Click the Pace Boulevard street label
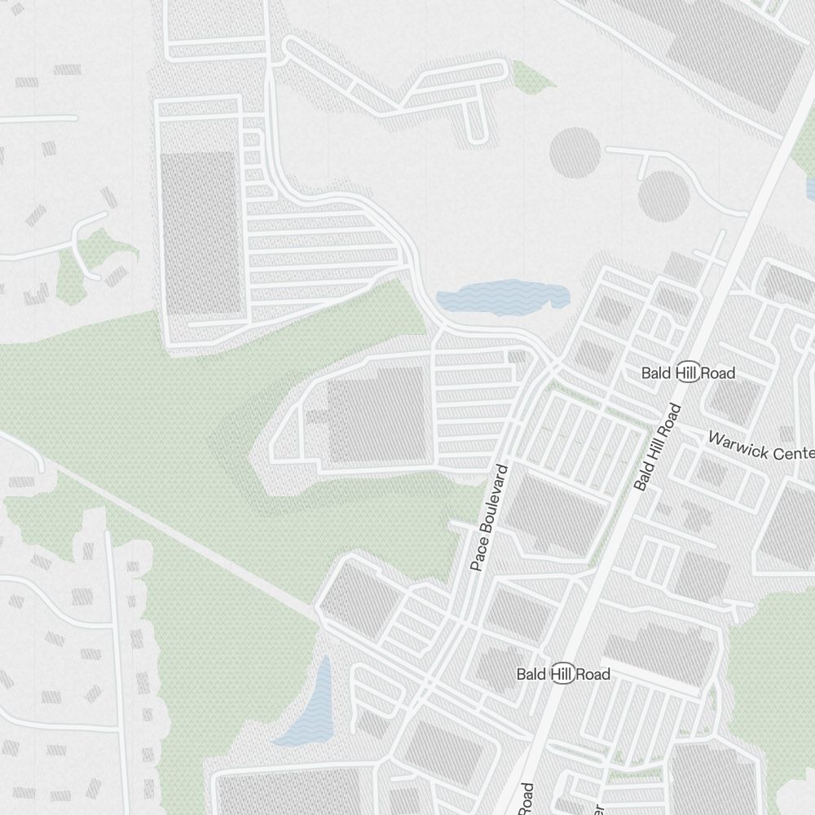(490, 518)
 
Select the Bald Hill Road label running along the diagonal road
(657, 447)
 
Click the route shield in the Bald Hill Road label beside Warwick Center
(689, 372)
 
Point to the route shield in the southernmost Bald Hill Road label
(563, 674)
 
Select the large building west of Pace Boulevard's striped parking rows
(377, 415)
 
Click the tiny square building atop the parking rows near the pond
(517, 357)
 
